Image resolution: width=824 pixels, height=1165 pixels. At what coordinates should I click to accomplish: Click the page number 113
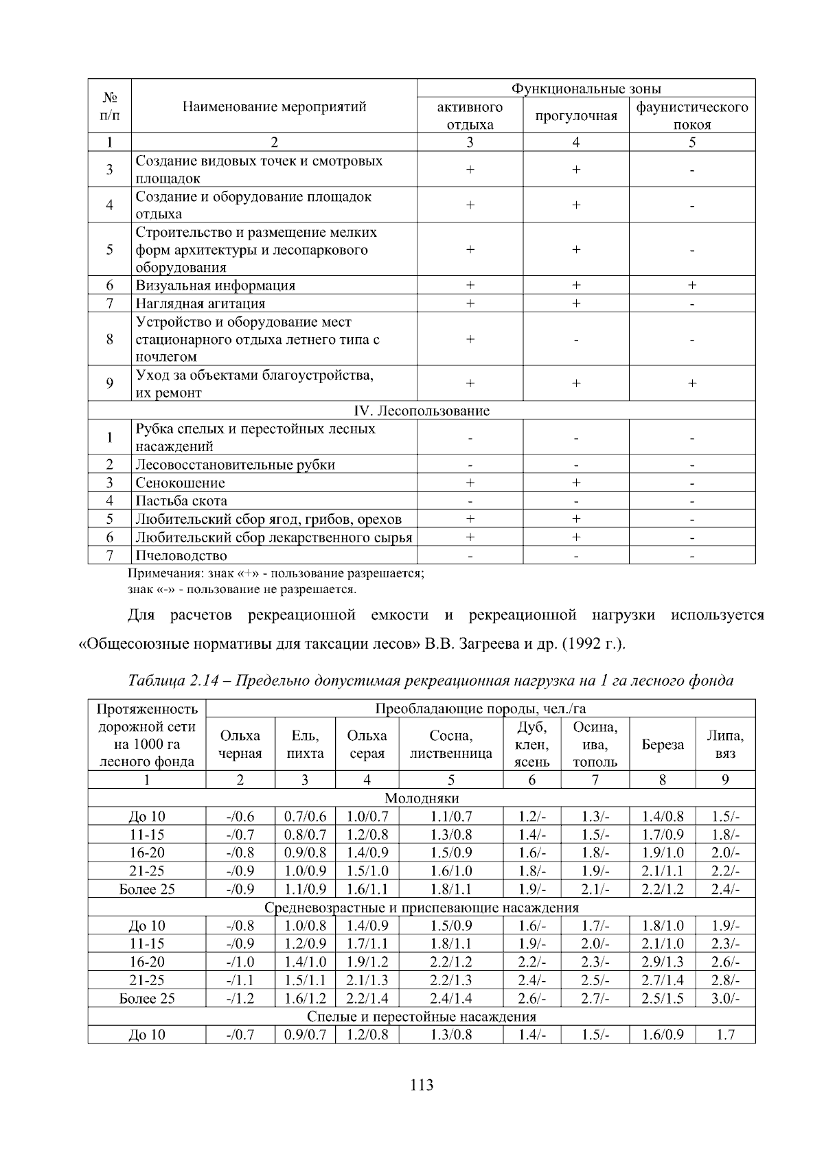point(422,1085)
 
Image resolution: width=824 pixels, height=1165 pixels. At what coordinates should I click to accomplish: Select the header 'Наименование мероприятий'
point(274,106)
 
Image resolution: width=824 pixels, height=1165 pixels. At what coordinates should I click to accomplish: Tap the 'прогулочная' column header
point(575,115)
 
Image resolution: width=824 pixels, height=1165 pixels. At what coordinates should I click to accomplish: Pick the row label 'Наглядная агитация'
point(200,303)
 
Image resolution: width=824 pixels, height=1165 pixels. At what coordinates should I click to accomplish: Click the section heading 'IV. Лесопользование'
point(421,411)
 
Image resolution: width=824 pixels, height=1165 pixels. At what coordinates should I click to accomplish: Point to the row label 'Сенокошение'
point(180,483)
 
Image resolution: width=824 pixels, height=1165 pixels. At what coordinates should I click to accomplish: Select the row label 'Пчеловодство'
point(181,555)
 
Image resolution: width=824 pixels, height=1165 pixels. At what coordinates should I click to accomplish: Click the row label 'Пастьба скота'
point(181,501)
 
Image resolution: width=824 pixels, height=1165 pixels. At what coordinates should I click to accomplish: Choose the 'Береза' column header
point(662,745)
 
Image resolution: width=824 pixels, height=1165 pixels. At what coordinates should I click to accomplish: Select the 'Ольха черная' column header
point(240,745)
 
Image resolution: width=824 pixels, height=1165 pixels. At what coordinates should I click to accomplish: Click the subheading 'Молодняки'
point(421,798)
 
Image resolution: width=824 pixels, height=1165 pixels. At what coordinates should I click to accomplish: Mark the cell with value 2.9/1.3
point(662,962)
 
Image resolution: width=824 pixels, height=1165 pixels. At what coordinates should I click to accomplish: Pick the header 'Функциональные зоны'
point(586,89)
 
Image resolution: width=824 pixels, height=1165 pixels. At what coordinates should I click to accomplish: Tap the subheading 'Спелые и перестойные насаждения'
point(421,1016)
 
